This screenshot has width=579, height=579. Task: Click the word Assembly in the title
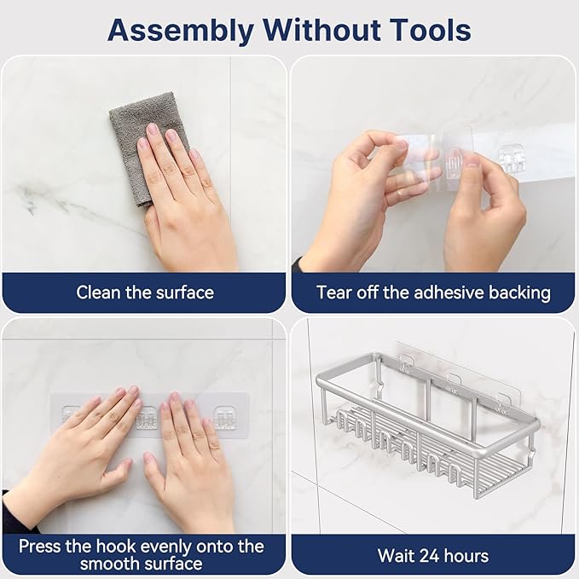pos(181,31)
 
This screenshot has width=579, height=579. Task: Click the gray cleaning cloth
pos(148,146)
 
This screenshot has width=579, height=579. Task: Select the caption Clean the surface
pos(145,292)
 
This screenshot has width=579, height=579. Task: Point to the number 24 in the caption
pos(427,556)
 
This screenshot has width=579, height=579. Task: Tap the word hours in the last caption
pos(466,556)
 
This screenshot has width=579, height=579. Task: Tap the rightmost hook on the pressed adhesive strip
pos(225,418)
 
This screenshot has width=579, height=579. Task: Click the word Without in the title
pos(321,30)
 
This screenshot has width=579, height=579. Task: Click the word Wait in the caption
pos(394,556)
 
